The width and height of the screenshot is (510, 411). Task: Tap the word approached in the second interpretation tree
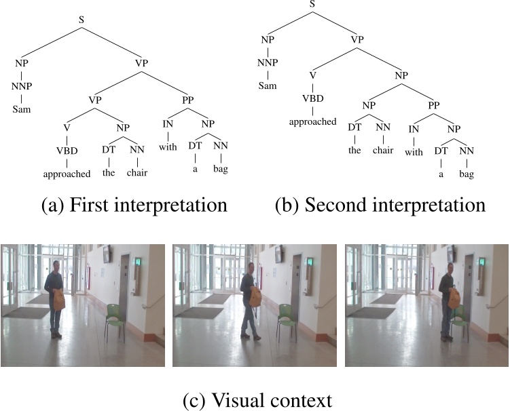click(312, 122)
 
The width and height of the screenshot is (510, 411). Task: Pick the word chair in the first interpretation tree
click(136, 172)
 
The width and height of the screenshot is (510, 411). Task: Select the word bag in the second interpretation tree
click(465, 174)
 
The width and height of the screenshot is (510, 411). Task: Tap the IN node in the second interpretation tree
click(412, 128)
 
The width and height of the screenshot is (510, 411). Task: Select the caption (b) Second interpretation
click(380, 206)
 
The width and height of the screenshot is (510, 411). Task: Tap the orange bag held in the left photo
click(59, 298)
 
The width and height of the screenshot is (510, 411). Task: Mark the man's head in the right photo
click(448, 269)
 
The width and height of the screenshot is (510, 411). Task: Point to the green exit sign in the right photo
click(482, 262)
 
